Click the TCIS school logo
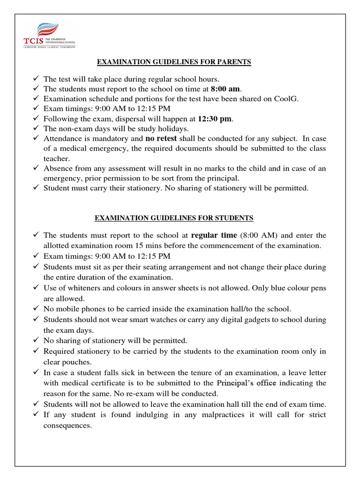49,36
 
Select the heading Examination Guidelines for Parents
173,62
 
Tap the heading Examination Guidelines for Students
174,218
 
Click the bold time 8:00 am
225,89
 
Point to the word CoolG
288,98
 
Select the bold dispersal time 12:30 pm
215,119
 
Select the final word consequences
67,426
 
